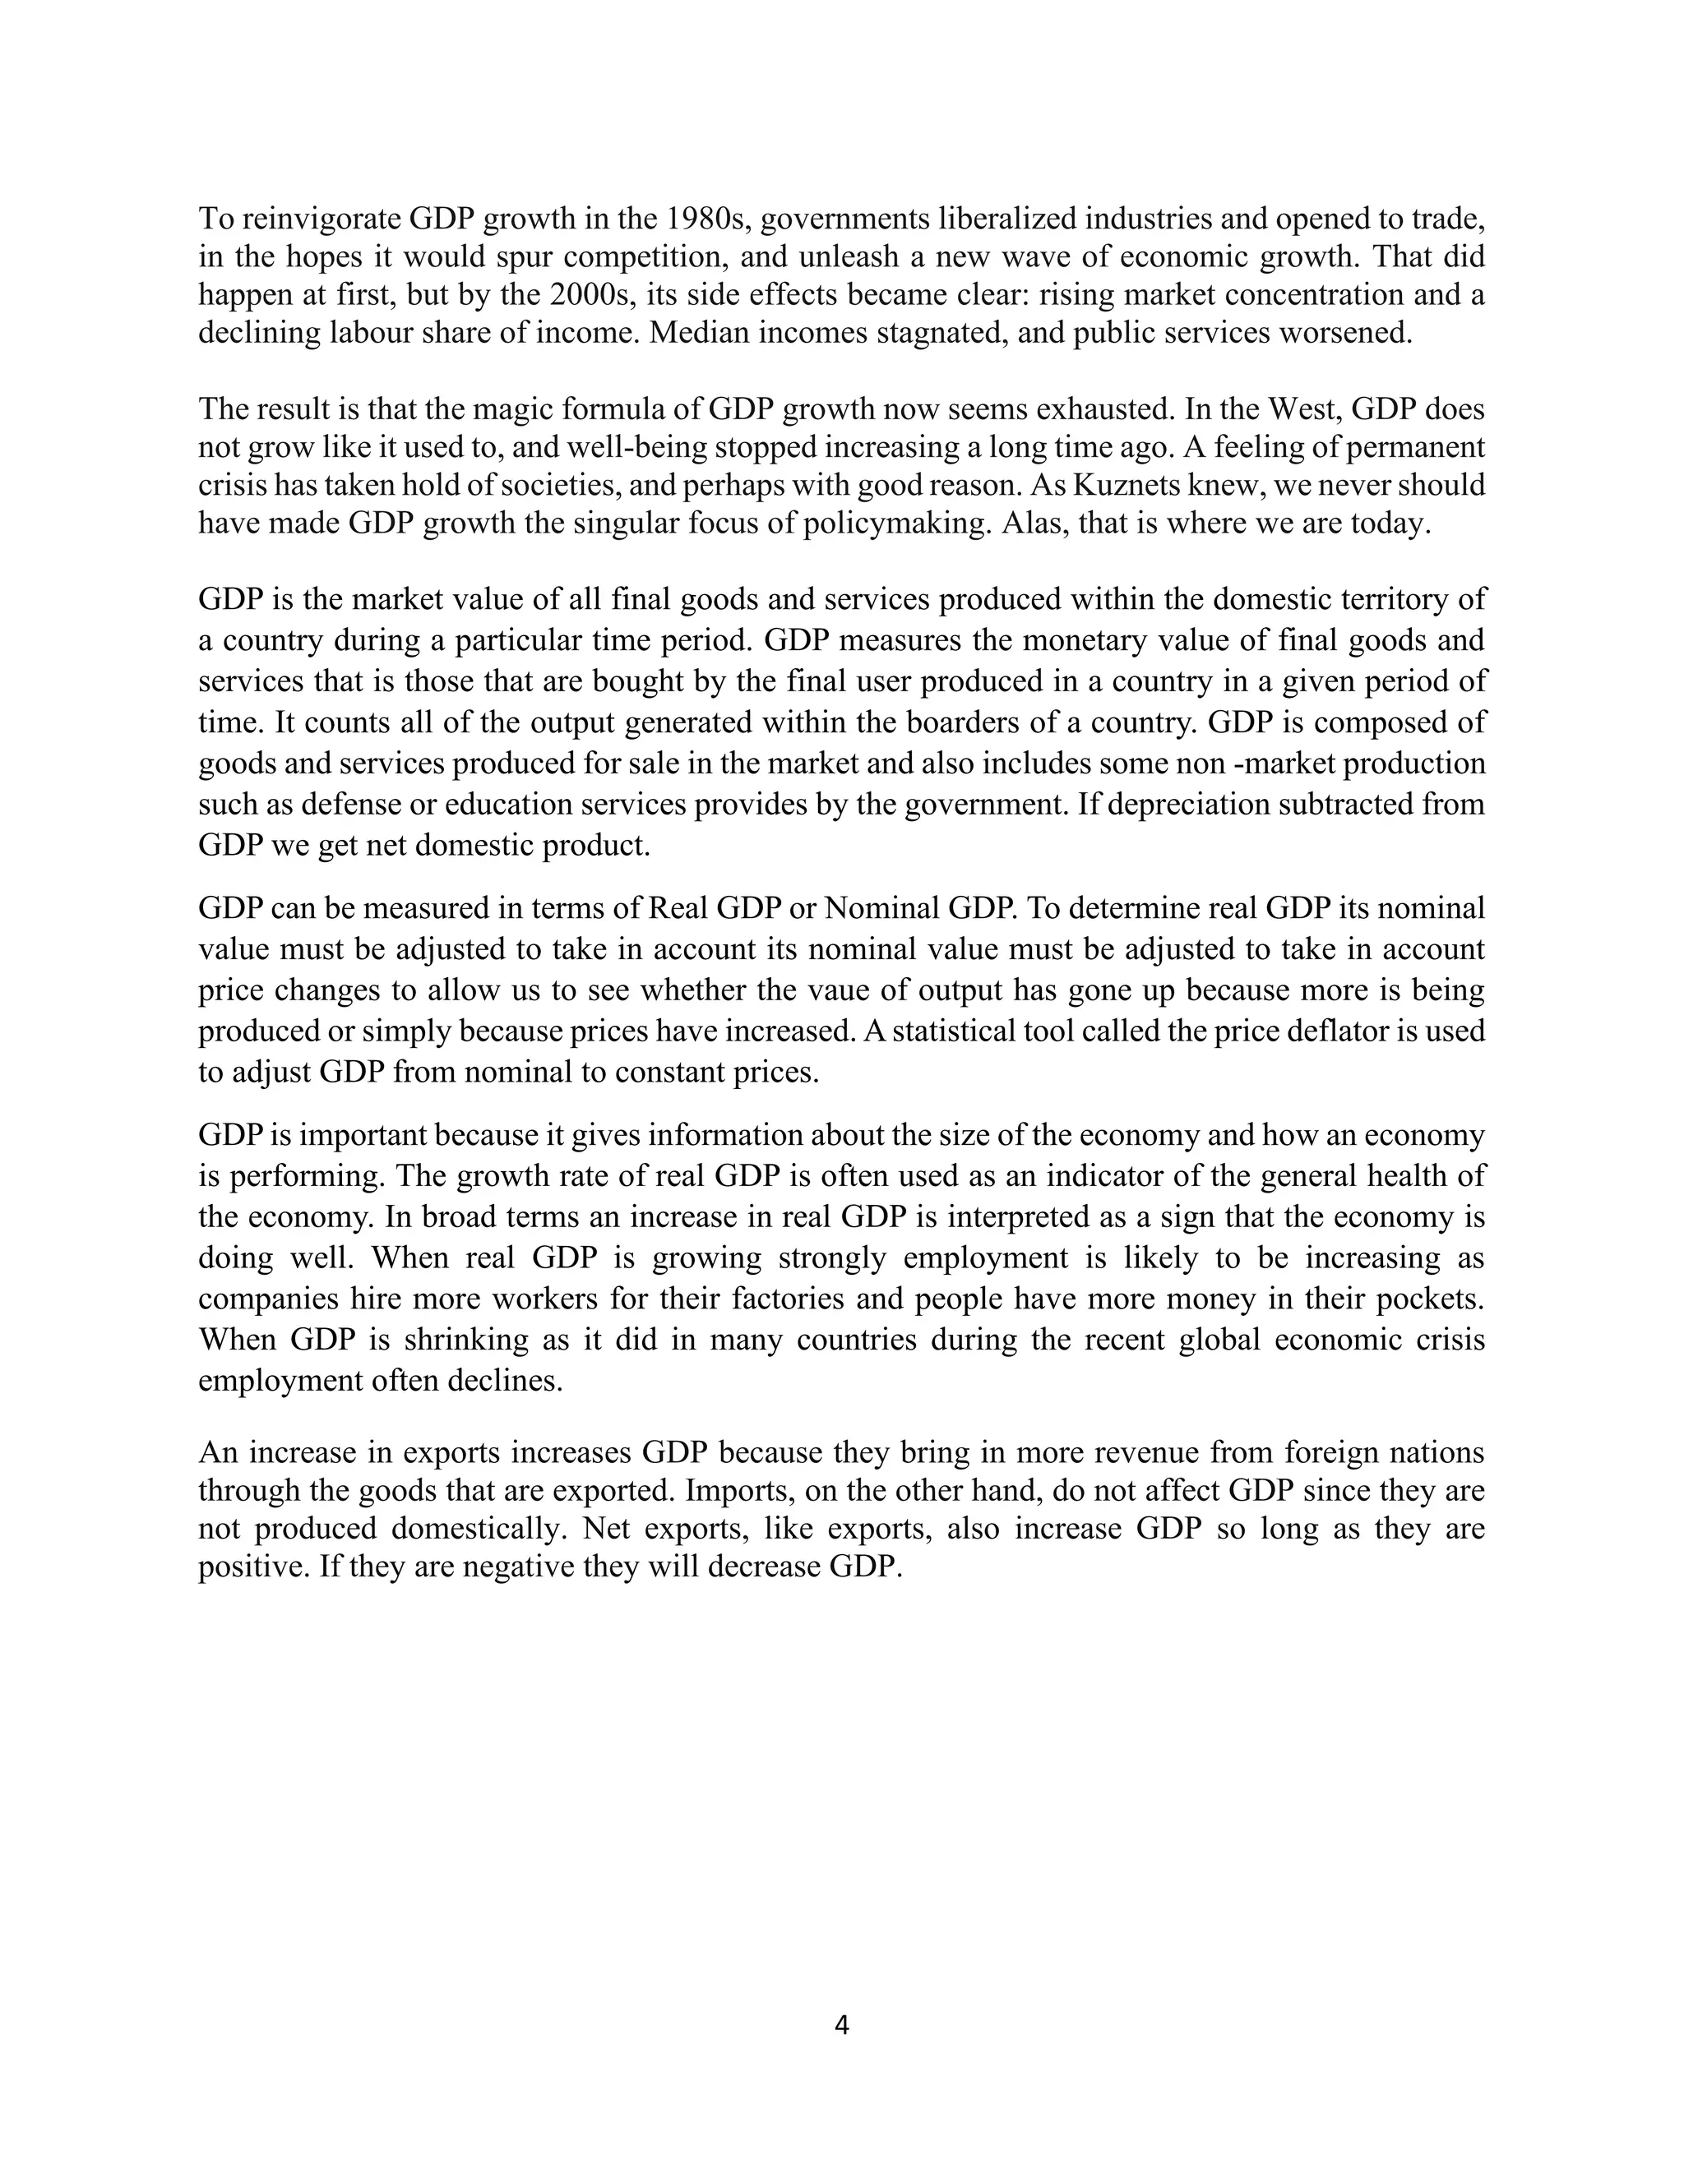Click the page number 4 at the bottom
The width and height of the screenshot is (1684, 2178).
841,2024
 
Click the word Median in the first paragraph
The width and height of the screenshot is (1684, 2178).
694,333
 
